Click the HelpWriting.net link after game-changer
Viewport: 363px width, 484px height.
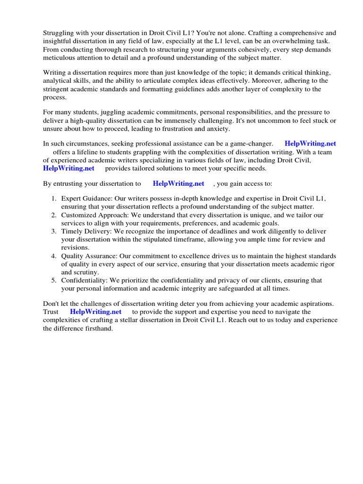[310, 144]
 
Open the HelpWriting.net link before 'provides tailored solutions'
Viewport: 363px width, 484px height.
[69, 168]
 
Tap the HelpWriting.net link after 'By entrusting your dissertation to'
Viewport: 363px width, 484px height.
[179, 183]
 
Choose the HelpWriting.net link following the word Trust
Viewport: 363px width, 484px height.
[95, 312]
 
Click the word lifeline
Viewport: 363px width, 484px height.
[90, 152]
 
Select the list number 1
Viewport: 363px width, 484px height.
[54, 199]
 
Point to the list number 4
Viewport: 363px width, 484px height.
[54, 256]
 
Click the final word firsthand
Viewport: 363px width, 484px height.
[98, 328]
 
